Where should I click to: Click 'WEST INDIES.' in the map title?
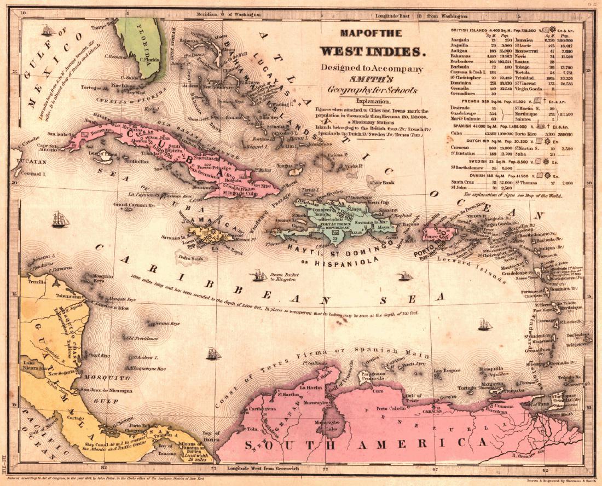pyautogui.click(x=373, y=51)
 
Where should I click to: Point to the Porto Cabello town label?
pyautogui.click(x=390, y=409)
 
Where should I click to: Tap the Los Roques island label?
pyautogui.click(x=444, y=371)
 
